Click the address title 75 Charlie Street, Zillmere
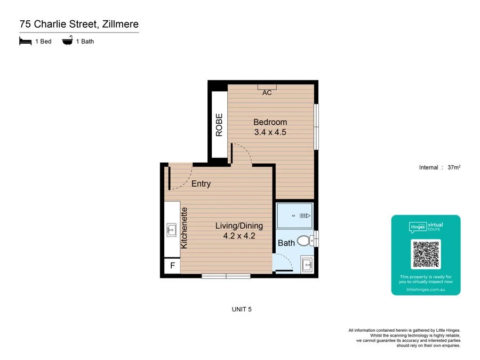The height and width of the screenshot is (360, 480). point(79,24)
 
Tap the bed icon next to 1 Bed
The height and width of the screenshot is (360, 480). point(25,41)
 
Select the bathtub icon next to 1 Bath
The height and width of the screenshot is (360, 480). point(68,41)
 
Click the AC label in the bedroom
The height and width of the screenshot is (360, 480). point(267,92)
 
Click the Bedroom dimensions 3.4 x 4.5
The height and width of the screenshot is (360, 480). point(270,132)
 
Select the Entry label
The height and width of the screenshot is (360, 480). point(201,184)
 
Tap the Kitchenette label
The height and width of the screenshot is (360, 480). point(184,228)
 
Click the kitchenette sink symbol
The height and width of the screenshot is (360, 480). point(172,230)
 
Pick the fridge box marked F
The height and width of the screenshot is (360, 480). point(172,266)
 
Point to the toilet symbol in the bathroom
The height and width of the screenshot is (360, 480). point(305,241)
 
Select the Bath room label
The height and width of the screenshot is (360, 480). point(286,243)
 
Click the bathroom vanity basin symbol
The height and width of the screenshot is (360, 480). point(307,263)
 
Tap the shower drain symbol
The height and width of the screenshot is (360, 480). point(304,215)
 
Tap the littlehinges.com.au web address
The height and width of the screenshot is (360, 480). point(426,290)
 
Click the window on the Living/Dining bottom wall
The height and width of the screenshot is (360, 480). point(226,276)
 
